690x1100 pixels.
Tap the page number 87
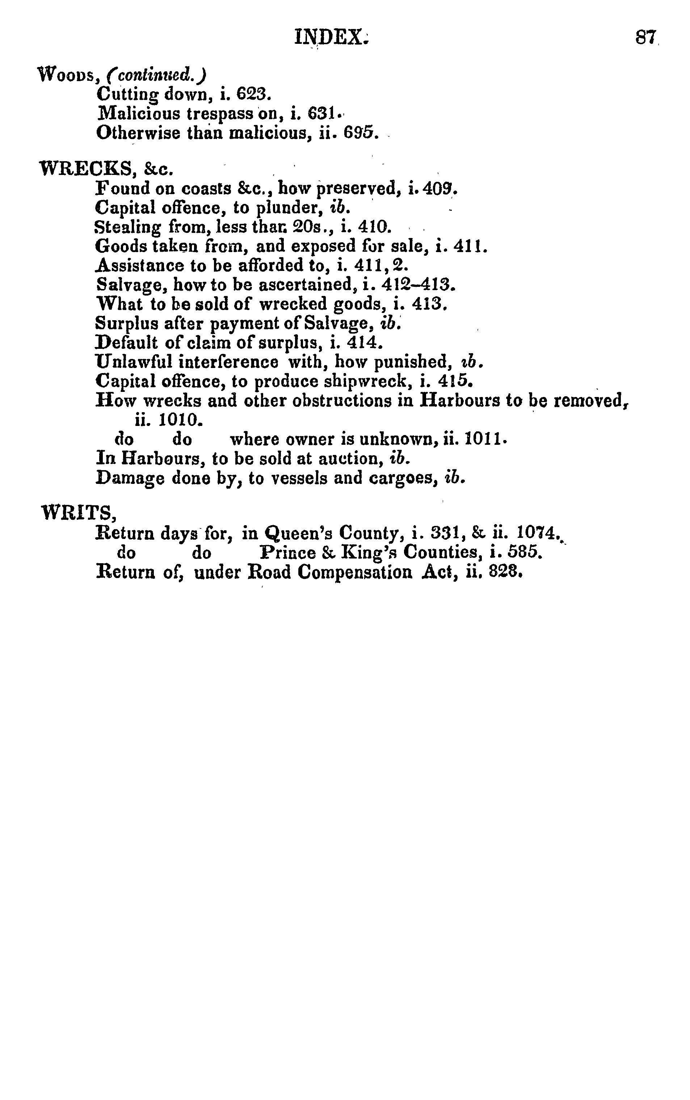[x=646, y=37]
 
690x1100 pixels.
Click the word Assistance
[x=140, y=265]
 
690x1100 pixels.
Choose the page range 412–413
[x=417, y=285]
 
